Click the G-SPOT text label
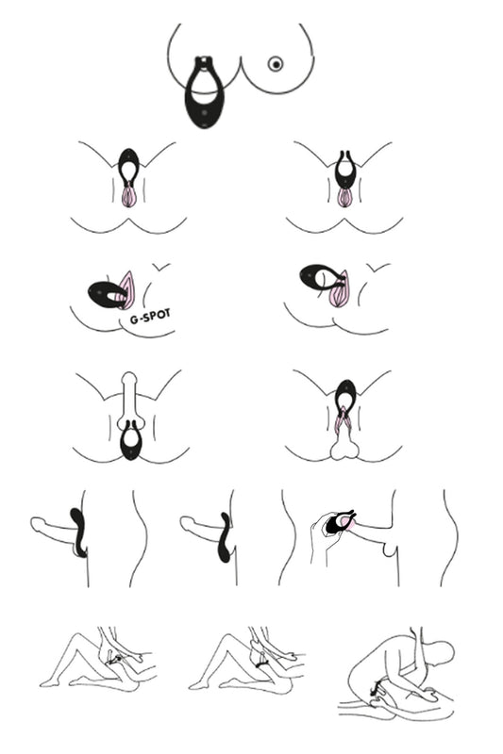(x=150, y=317)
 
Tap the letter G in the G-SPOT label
(x=134, y=319)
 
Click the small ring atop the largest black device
(x=205, y=61)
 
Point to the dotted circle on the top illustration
(x=275, y=63)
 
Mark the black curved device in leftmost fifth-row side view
(x=79, y=532)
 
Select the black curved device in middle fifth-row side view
(x=226, y=538)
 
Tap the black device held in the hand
(x=336, y=524)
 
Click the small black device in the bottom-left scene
(x=114, y=661)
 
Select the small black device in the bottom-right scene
(x=376, y=689)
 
